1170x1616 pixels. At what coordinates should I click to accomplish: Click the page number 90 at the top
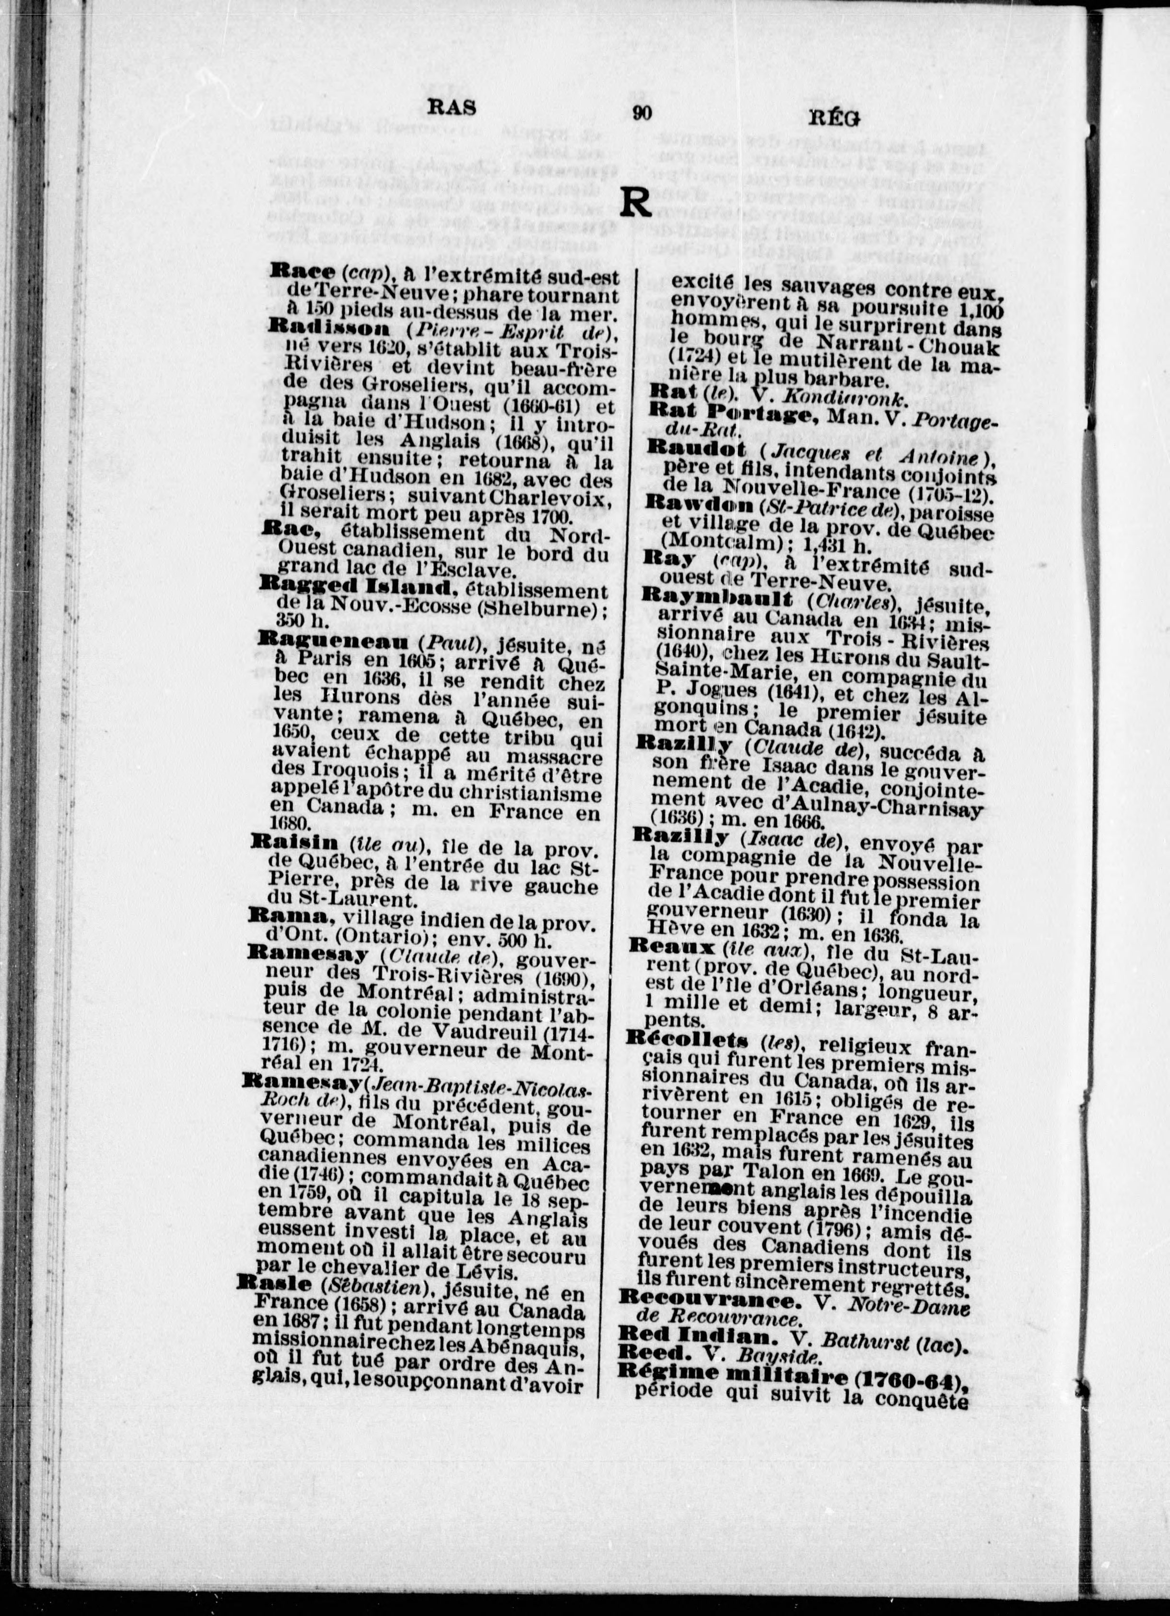click(x=641, y=114)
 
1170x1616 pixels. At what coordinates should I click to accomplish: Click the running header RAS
click(x=452, y=107)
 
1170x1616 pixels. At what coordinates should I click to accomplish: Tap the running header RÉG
click(x=835, y=119)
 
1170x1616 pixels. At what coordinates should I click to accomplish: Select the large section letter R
click(x=635, y=202)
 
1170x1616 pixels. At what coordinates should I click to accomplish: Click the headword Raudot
click(x=696, y=449)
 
